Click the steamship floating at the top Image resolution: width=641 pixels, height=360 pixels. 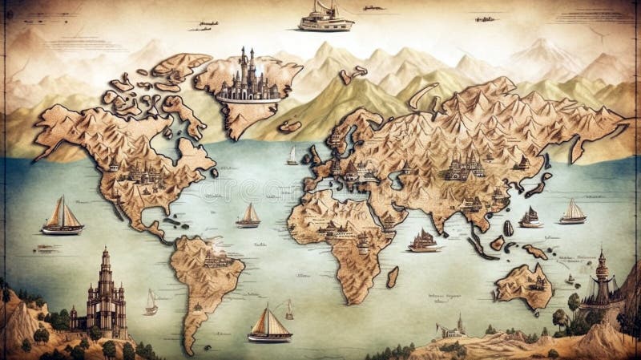pyautogui.click(x=325, y=17)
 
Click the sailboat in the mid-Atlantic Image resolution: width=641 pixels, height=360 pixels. pyautogui.click(x=249, y=215)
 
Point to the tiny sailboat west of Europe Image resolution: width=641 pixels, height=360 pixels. pyautogui.click(x=292, y=156)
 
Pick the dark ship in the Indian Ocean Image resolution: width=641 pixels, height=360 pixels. pyautogui.click(x=423, y=240)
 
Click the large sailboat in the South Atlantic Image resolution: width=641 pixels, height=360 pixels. pyautogui.click(x=269, y=325)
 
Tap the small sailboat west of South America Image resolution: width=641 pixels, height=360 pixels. pyautogui.click(x=151, y=302)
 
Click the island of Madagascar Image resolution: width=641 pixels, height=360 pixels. pyautogui.click(x=393, y=277)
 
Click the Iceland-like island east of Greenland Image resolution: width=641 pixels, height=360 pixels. pyautogui.click(x=289, y=126)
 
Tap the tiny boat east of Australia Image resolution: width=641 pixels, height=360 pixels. pyautogui.click(x=570, y=280)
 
